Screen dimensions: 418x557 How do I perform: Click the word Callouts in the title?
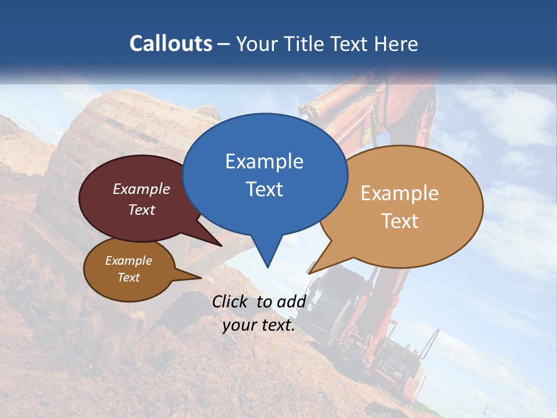point(171,44)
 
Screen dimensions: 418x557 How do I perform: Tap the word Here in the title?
point(396,44)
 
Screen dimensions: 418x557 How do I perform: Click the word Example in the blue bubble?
point(264,161)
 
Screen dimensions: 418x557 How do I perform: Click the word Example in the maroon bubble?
point(142,189)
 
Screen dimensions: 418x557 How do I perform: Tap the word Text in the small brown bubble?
point(129,278)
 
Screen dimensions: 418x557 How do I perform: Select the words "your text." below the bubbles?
point(259,325)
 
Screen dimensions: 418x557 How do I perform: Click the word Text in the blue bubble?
point(264,189)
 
